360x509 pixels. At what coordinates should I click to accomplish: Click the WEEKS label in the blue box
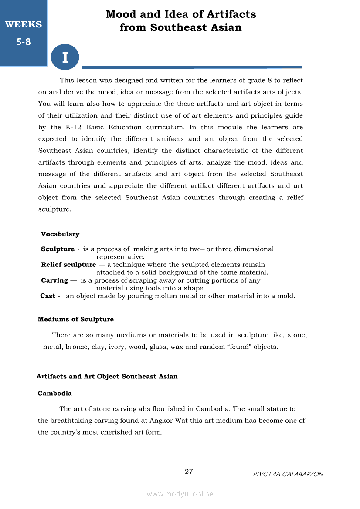24,24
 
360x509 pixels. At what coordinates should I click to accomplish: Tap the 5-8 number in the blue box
24,42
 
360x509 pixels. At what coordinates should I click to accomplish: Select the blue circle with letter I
65,57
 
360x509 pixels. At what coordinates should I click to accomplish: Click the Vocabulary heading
60,234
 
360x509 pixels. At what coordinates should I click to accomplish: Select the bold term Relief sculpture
68,265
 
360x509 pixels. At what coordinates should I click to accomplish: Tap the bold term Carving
54,280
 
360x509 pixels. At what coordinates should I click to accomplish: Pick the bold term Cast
48,296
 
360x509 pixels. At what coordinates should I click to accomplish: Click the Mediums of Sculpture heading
76,319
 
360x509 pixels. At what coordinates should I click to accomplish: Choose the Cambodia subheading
55,393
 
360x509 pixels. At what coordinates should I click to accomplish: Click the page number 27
189,472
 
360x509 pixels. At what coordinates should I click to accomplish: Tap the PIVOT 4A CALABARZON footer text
288,474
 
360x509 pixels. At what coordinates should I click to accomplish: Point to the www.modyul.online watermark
180,494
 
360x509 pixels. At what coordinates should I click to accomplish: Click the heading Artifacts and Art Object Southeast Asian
107,376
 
